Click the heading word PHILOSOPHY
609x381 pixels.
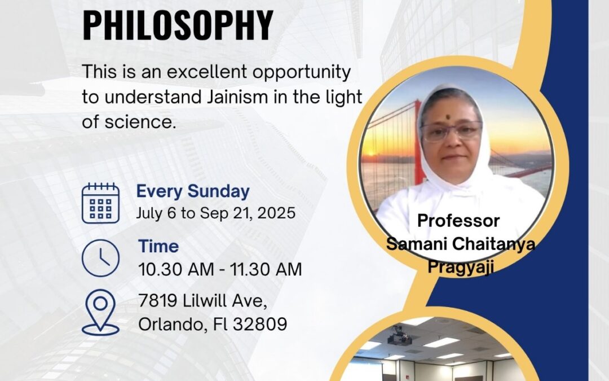click(178, 25)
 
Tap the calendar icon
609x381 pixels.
click(100, 203)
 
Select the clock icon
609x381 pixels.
click(100, 258)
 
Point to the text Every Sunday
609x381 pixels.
click(193, 192)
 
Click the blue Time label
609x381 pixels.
click(158, 247)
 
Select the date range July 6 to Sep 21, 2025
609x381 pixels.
click(215, 213)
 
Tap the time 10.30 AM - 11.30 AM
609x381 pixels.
click(220, 269)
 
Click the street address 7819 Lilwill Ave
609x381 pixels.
click(202, 300)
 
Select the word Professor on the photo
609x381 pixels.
click(458, 221)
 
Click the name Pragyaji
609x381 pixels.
click(460, 268)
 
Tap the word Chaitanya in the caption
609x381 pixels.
click(493, 244)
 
